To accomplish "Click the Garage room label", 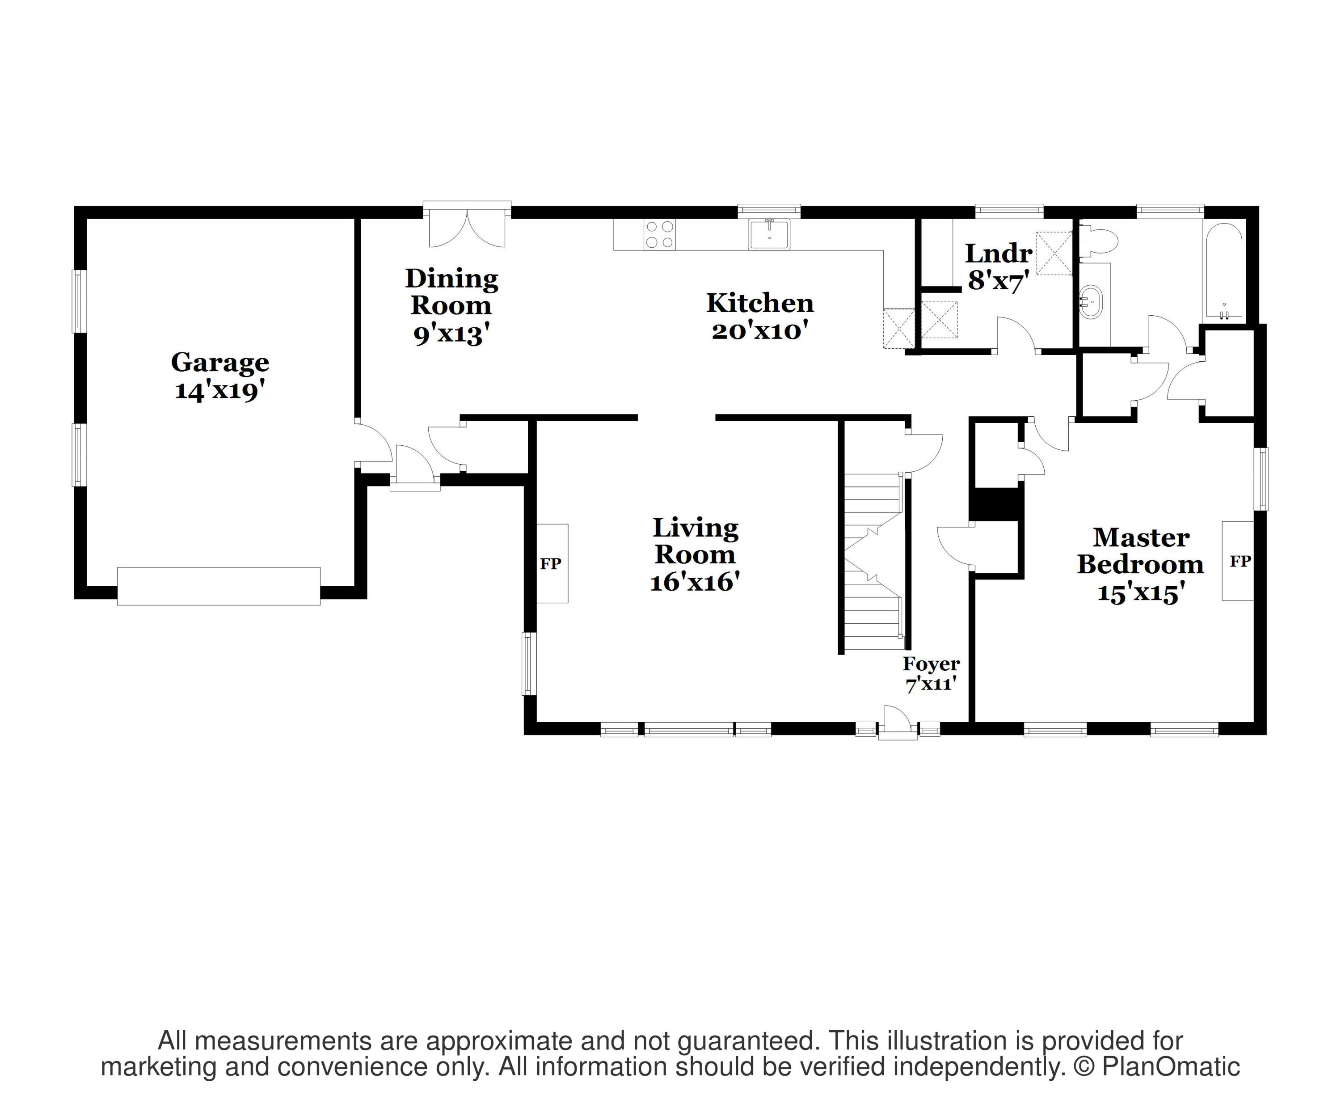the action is (219, 363).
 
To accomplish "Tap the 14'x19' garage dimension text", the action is (219, 390).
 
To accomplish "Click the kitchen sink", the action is (769, 234).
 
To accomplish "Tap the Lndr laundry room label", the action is (999, 254).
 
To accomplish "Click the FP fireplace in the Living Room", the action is (551, 563).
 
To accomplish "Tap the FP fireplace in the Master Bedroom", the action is (1238, 561).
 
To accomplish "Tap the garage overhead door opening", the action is (219, 586).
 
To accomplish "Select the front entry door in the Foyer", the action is (898, 723).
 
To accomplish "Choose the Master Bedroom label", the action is (1141, 551).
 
